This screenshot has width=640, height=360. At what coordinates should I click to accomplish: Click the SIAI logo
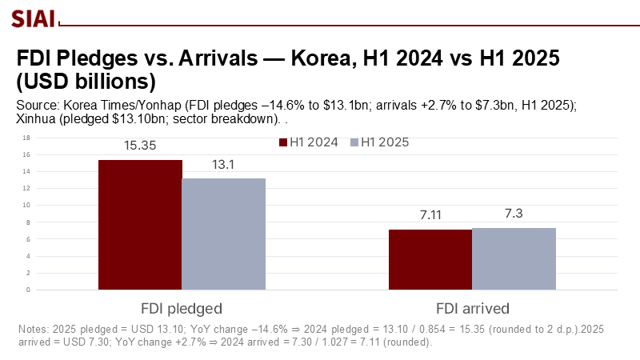[x=32, y=17]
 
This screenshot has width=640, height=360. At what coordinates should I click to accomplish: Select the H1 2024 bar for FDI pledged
[x=140, y=225]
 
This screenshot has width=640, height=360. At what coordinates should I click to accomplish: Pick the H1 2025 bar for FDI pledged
[x=223, y=234]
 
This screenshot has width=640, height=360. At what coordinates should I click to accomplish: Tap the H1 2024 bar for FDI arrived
[x=430, y=259]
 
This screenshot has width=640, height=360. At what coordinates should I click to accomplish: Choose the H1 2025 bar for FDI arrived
[x=514, y=258]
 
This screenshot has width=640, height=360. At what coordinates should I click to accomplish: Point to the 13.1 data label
[x=223, y=166]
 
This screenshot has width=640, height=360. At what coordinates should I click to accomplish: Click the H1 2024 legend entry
[x=308, y=142]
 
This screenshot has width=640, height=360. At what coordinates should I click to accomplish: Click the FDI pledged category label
[x=182, y=308]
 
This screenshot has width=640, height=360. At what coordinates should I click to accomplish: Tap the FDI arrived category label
[x=473, y=308]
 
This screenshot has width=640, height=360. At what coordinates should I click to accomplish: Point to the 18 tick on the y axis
[x=27, y=137]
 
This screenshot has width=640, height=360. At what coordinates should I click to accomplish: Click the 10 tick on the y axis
[x=27, y=205]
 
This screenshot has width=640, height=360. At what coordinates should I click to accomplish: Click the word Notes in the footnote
[x=33, y=329]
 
